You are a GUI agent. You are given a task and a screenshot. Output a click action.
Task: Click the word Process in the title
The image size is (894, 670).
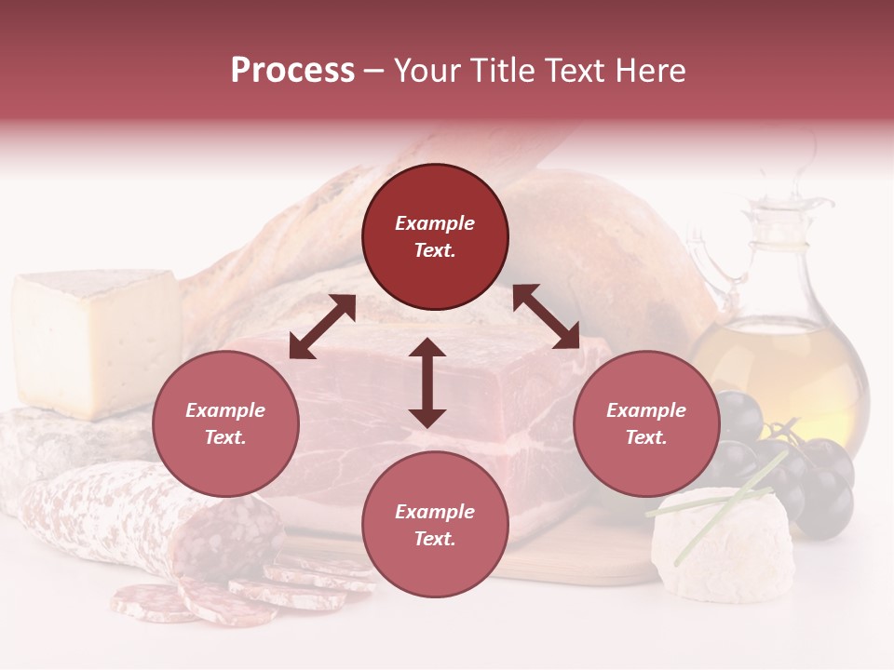pos(292,70)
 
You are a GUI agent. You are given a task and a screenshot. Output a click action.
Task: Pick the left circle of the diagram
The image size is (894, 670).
pos(225,423)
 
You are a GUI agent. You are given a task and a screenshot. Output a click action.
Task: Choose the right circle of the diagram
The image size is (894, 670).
pos(646,423)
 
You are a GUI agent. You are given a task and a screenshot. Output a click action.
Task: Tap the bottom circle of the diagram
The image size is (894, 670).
pos(435,525)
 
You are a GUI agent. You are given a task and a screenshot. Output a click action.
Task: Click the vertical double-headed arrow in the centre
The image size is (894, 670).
pos(427,382)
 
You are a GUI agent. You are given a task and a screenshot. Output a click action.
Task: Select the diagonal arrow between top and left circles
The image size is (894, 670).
pos(322,326)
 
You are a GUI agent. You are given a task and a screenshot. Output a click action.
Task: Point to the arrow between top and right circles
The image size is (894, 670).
pos(546,316)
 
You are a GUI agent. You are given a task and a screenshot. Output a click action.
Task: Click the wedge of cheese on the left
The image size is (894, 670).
pos(93,340)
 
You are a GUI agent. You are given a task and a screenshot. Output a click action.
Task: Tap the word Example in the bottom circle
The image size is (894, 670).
pos(435,511)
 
